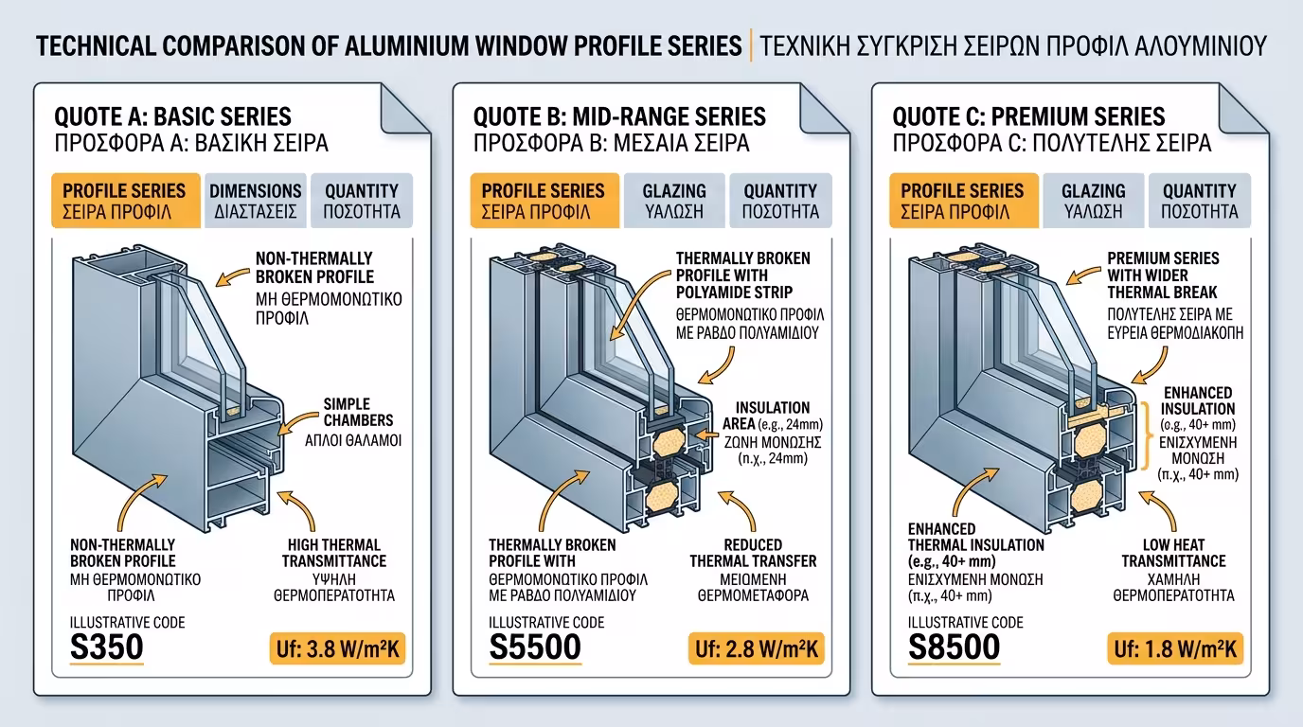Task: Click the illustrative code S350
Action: (107, 647)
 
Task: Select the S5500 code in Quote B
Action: (535, 647)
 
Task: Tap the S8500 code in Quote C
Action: (954, 647)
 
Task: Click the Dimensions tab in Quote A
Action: (255, 201)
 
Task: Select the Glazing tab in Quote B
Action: (674, 201)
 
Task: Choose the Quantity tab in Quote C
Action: (1199, 201)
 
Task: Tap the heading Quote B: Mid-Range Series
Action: (618, 117)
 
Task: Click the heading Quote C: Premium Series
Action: (1028, 117)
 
